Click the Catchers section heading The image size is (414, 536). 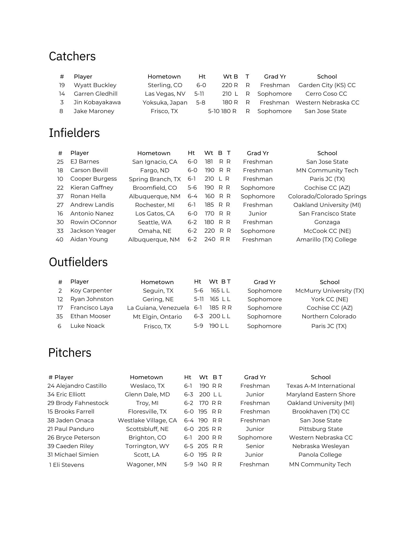(x=72, y=56)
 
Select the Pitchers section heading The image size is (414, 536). (x=70, y=352)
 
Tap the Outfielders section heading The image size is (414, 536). (x=78, y=262)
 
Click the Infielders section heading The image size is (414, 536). (x=74, y=133)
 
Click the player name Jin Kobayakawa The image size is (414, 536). (x=97, y=102)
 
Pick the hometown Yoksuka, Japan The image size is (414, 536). (x=165, y=103)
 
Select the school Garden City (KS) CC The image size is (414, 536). (x=327, y=85)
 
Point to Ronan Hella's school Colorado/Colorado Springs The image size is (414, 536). (x=327, y=196)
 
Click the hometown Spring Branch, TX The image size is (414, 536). (x=155, y=179)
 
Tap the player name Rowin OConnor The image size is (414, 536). (x=93, y=222)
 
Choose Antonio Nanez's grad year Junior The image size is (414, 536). (x=258, y=214)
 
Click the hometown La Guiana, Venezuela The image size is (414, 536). (x=158, y=308)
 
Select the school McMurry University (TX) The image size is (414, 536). (x=329, y=291)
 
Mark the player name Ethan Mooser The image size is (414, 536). (x=90, y=316)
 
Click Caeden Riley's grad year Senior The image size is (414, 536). (x=255, y=446)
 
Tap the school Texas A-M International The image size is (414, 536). (x=320, y=386)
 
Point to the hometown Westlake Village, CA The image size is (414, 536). (x=147, y=420)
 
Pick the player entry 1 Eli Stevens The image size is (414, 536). (x=66, y=465)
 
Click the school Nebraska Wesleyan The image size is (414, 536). (x=320, y=446)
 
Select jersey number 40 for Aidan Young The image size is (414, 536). (x=59, y=240)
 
